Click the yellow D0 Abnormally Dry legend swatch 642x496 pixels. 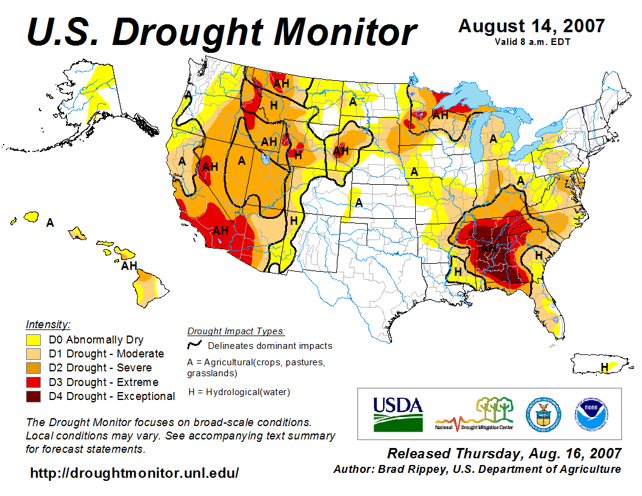33,340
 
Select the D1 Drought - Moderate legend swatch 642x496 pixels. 33,354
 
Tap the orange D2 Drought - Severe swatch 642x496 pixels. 33,368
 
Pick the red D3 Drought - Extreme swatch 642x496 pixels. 33,382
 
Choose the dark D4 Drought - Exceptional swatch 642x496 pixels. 33,396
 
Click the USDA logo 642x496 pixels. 398,413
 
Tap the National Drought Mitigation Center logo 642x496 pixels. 474,414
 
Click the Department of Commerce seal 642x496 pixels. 543,413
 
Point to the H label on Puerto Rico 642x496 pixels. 604,367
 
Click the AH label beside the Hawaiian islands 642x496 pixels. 129,266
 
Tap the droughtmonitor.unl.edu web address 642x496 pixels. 134,473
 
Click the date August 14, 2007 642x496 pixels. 531,26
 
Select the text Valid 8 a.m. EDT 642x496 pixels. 531,41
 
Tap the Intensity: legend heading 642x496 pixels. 48,324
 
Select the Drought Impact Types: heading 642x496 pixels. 236,331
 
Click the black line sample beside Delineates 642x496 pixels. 195,345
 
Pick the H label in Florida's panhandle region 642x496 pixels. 457,271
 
